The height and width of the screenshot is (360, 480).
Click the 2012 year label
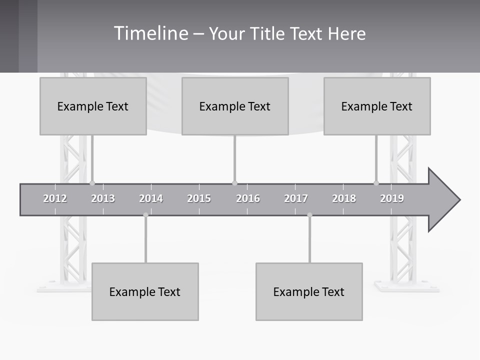point(55,198)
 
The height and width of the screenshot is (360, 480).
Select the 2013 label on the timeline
point(103,198)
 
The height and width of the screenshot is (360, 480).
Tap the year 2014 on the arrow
point(151,198)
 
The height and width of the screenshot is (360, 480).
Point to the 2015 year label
point(199,198)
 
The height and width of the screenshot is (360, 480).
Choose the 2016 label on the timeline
point(248,198)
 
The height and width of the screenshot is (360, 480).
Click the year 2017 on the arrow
point(296,198)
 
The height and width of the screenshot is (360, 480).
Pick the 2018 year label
point(344,198)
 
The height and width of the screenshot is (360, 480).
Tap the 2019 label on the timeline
point(392,198)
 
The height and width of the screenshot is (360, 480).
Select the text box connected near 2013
point(93,106)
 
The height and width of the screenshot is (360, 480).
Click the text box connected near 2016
point(235,106)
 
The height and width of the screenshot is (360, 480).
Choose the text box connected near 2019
point(377,106)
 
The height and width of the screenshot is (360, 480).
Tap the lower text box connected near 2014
point(145,291)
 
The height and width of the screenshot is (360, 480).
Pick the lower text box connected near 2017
point(309,291)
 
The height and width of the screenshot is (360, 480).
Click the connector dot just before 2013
point(92,183)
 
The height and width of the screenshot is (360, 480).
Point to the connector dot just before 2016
point(234,183)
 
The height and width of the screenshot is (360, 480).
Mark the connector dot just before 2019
point(376,183)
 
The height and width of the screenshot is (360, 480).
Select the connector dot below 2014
point(145,215)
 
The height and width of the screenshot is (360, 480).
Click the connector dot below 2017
point(309,215)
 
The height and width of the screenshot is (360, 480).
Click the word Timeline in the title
point(150,33)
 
